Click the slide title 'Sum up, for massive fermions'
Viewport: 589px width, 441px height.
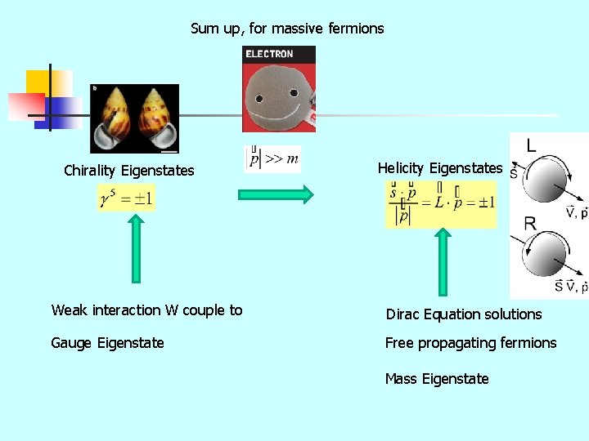point(287,29)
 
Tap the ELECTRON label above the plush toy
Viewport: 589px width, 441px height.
point(269,54)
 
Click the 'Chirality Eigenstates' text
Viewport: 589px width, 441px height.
point(129,171)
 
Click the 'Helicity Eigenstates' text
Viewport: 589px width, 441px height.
point(440,168)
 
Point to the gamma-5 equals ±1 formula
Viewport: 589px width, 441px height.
point(126,198)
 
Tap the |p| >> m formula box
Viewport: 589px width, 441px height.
point(273,158)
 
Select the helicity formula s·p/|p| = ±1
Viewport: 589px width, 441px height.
point(441,203)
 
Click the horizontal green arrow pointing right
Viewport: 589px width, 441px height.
point(275,194)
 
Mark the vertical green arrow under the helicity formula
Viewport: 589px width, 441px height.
point(443,261)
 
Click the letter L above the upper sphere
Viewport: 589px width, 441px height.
point(531,146)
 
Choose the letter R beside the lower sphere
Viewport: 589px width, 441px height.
point(529,223)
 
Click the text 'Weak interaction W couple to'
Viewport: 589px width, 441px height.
point(147,310)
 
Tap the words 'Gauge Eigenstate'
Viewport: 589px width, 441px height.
point(107,343)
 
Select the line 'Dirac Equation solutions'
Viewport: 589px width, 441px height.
point(464,314)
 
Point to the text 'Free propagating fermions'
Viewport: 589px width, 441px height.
point(470,343)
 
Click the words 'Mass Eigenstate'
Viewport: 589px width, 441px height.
point(437,379)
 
